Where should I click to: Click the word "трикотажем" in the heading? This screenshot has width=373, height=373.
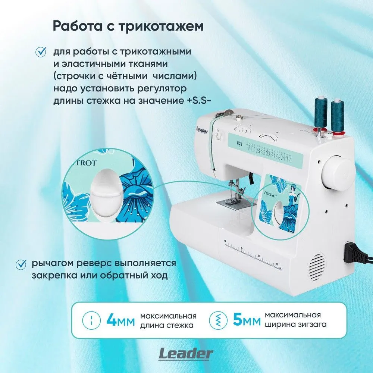161,26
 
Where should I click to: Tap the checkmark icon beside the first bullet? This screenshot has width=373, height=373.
41,52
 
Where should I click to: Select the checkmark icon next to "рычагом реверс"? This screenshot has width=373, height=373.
21,264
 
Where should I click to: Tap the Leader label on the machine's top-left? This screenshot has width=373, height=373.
202,130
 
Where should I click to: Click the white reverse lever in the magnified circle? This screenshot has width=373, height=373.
106,193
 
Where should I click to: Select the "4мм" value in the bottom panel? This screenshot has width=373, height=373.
120,320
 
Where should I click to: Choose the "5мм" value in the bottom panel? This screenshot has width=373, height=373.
247,320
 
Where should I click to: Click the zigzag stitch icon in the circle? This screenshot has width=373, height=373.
217,320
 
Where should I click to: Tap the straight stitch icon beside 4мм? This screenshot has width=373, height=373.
90,320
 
